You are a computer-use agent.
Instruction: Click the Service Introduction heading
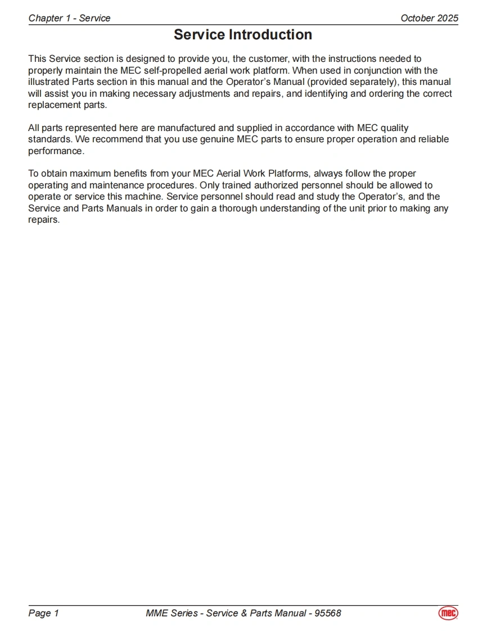[243, 35]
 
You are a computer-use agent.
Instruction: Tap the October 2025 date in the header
[429, 18]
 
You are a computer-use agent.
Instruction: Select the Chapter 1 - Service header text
[69, 18]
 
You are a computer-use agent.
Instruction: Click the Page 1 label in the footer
[43, 613]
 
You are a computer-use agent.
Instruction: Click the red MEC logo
[448, 613]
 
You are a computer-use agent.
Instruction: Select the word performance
[55, 151]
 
